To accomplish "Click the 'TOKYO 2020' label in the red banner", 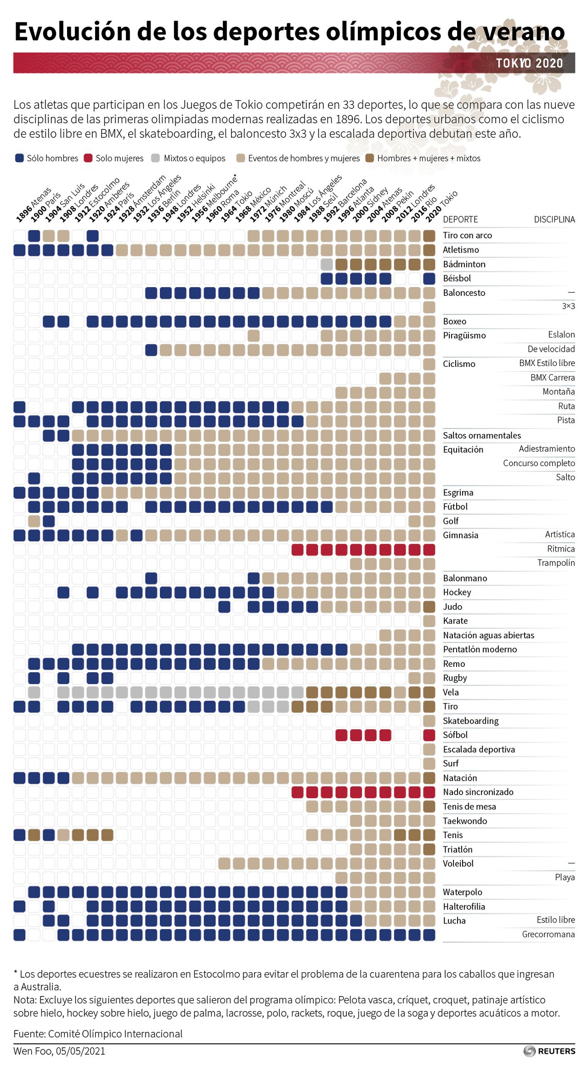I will coord(529,63).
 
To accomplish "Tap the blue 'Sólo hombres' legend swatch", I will coord(19,158).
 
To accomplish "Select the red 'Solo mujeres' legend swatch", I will coord(88,158).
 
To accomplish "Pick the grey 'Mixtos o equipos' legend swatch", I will coord(156,158).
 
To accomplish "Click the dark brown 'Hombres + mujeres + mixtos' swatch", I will coord(369,158).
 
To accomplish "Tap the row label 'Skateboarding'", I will coord(470,721).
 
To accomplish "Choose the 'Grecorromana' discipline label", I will coord(548,934).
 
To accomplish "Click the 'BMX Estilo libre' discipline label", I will coord(547,363).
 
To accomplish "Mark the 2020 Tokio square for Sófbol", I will coord(429,735).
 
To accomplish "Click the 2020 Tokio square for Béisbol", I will coord(429,278).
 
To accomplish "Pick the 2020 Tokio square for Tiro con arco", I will coord(429,236).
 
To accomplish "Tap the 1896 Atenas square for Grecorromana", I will coord(19,935).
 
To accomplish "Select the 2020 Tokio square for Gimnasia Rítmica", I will coord(429,549).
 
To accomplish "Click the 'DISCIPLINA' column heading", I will coord(554,220).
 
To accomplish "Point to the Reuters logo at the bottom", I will coord(549,1051).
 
